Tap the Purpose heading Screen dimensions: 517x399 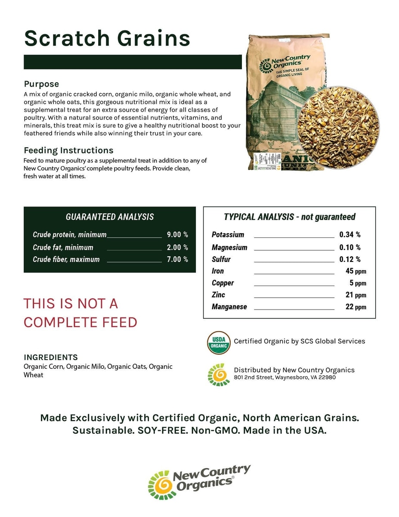point(41,84)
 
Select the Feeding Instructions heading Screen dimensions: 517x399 point(68,150)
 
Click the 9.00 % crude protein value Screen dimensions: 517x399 point(177,235)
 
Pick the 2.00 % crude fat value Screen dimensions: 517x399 point(177,247)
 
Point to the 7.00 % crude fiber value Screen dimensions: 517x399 point(177,259)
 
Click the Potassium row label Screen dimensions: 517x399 point(228,235)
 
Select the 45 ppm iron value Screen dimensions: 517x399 point(356,271)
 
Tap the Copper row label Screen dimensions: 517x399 point(223,283)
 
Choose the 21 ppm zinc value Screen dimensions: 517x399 point(356,295)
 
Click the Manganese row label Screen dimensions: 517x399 point(229,307)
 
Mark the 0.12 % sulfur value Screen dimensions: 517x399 point(350,259)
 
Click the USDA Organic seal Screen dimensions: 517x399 point(219,343)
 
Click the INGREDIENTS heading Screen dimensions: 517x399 point(51,357)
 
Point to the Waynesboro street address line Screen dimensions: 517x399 point(285,377)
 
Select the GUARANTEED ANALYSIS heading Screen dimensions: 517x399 point(109,217)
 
